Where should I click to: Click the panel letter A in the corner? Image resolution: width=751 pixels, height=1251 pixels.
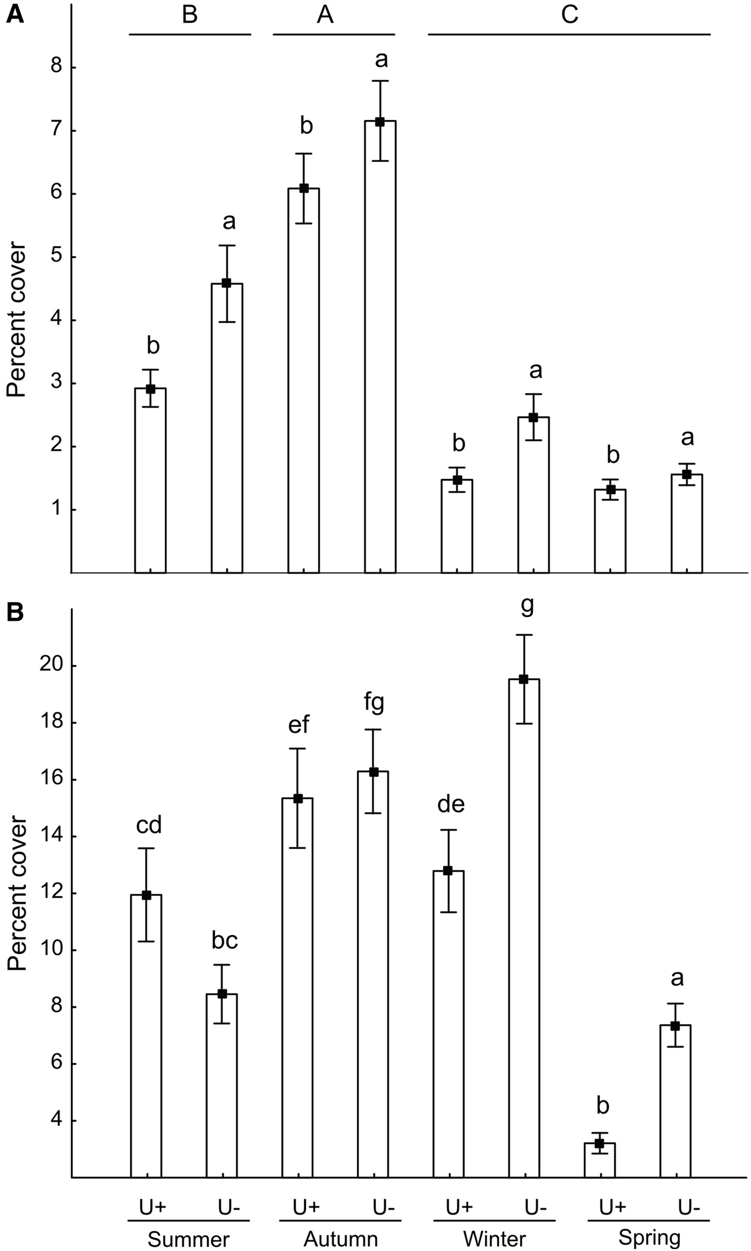click(14, 14)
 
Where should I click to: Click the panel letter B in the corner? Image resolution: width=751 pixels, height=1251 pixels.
click(14, 613)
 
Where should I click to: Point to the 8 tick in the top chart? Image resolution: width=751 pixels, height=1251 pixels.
click(56, 68)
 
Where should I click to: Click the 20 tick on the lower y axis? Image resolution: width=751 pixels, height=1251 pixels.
click(51, 666)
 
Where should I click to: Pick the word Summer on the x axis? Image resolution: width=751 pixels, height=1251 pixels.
click(188, 1225)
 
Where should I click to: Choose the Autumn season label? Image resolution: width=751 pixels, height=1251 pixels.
click(341, 1225)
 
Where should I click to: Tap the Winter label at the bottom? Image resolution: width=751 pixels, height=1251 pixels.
click(494, 1225)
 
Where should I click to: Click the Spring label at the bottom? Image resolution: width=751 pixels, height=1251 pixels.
click(649, 1224)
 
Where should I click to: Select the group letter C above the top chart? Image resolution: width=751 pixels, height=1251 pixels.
click(569, 15)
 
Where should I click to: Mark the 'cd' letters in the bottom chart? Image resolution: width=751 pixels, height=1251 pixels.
click(149, 826)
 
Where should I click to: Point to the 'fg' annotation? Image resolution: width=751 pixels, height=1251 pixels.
click(373, 703)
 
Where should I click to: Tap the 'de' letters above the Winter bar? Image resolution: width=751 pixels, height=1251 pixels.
click(451, 804)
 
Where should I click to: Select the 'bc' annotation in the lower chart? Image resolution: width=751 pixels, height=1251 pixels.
click(224, 941)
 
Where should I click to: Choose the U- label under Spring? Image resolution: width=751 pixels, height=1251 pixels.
click(689, 1192)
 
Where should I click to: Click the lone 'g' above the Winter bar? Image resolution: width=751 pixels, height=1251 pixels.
click(527, 607)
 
